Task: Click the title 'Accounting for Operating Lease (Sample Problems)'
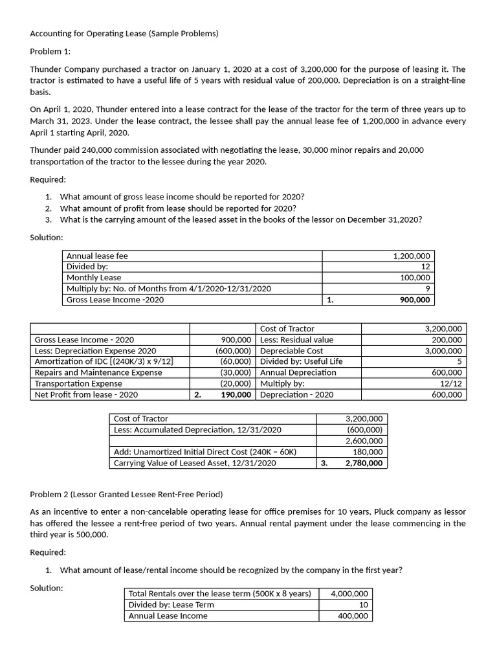(x=124, y=34)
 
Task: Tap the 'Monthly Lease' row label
(x=94, y=278)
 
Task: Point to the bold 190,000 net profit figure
(x=236, y=394)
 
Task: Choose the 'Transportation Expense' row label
(x=78, y=383)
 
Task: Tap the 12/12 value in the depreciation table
(x=450, y=383)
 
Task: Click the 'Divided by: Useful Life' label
(x=302, y=361)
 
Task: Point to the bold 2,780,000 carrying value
(x=364, y=463)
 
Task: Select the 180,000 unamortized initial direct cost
(x=368, y=452)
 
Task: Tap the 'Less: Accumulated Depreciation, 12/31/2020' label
(x=197, y=430)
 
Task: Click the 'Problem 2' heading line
(x=126, y=495)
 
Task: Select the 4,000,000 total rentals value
(x=349, y=594)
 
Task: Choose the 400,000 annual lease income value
(x=353, y=616)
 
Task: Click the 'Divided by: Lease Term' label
(x=171, y=605)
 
